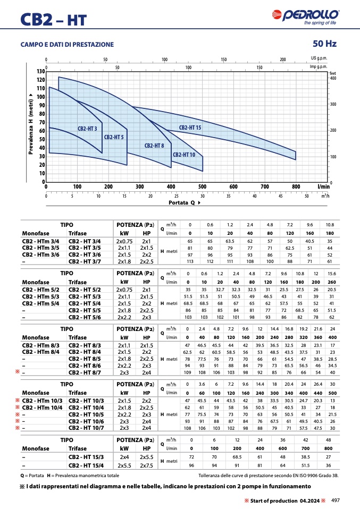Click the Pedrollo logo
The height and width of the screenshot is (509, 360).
coord(305,17)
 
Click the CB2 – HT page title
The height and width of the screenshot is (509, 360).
coord(53,20)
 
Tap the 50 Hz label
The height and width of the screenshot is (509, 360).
coord(324,44)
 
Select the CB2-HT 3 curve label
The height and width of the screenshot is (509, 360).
coord(87,129)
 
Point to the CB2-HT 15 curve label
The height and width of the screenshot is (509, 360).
coord(190,128)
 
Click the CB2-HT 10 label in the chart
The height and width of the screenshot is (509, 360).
coord(184,155)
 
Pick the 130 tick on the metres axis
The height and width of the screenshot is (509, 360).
coord(41,71)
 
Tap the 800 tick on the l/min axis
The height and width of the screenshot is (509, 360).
coord(296,186)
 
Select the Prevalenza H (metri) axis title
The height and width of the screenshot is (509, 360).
coord(31,124)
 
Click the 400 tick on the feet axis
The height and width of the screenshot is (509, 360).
coord(333,78)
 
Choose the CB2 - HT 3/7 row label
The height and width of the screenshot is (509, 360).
coord(85,261)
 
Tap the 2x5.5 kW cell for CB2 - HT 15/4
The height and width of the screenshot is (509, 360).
coord(124,465)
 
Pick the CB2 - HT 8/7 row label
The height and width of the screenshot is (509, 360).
coord(85,372)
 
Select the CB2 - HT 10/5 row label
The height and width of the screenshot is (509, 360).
coord(86,414)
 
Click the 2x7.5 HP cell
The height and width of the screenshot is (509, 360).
coord(147,465)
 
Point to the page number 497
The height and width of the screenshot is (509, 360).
coord(336,500)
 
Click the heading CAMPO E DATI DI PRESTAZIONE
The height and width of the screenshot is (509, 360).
coord(67,45)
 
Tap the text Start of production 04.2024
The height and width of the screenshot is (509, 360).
coord(285,500)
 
